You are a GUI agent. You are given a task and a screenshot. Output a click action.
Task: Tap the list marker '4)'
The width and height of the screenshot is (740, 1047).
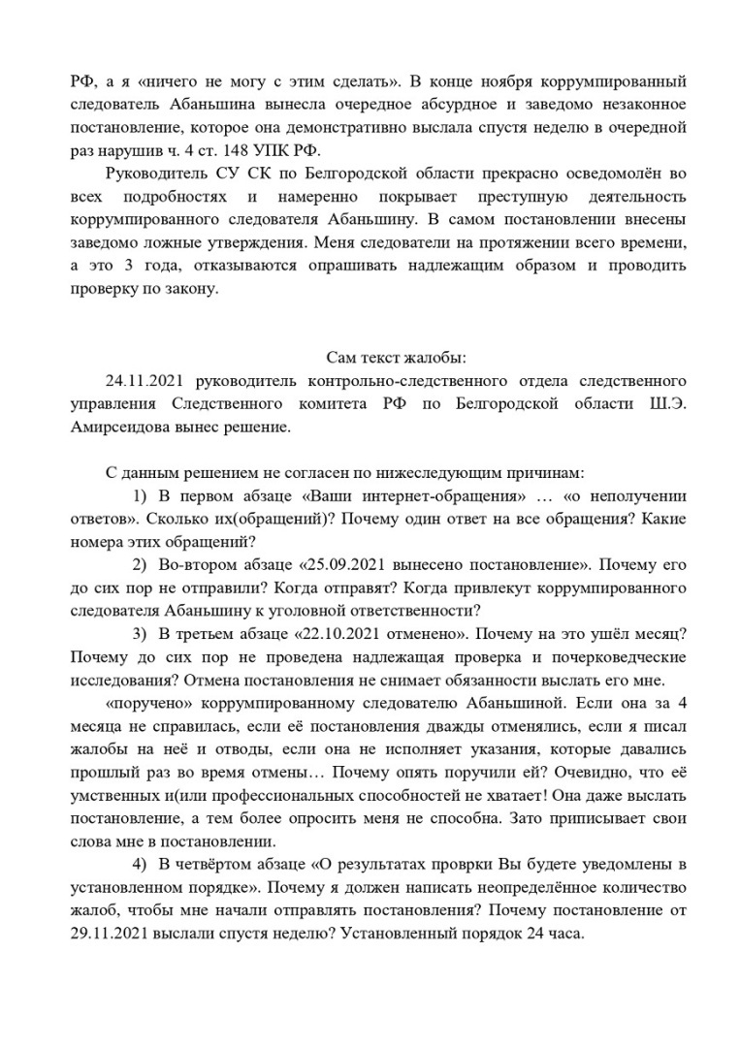140,866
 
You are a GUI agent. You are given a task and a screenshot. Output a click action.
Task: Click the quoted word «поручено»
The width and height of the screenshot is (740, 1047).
145,703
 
